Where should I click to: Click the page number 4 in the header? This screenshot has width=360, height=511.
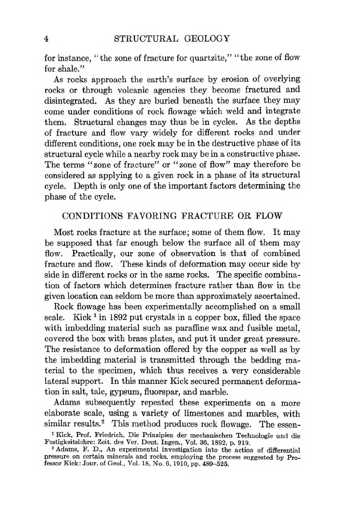[x=46, y=39]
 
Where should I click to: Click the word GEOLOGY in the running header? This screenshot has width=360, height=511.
[x=207, y=39]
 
